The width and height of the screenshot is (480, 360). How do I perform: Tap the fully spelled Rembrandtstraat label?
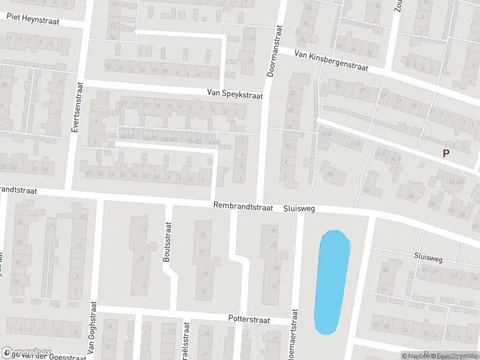point(244,206)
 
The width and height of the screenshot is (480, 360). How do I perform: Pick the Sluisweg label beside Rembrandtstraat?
point(299,208)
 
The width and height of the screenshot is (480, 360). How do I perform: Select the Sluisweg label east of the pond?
point(427,258)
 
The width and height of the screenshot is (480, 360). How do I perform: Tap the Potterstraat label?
point(249,320)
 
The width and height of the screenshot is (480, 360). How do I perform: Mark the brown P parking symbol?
point(446,154)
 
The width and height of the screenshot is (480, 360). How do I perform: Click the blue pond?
point(331,282)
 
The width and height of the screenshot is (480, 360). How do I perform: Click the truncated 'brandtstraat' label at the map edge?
point(19,190)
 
